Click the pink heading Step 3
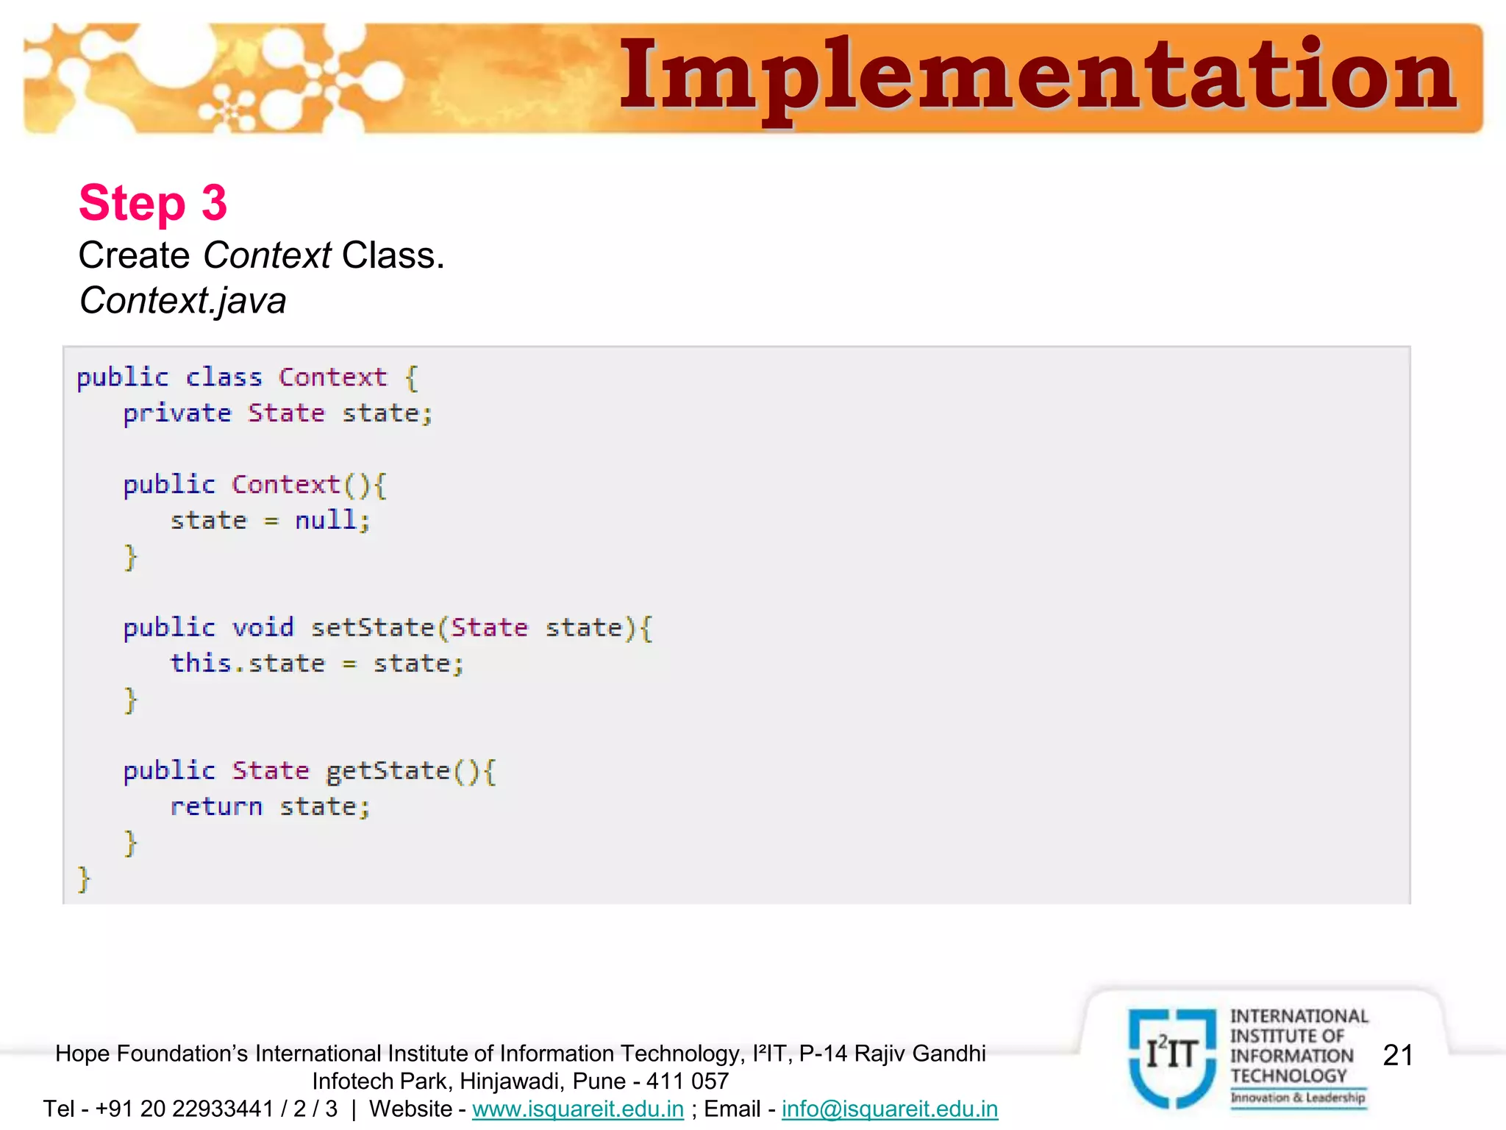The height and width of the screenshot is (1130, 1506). [153, 202]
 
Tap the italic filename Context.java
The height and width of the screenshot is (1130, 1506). [182, 301]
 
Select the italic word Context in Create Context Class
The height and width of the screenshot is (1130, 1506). [267, 256]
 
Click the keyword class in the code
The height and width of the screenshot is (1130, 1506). [224, 377]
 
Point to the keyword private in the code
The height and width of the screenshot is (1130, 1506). [177, 413]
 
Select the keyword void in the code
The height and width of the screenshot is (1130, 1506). [263, 628]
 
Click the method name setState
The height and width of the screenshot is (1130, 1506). [373, 628]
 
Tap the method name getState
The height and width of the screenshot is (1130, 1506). [388, 771]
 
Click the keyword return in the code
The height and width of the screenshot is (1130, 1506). [216, 807]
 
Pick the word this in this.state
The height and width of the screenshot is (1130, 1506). [201, 663]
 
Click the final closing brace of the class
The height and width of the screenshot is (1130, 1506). [84, 878]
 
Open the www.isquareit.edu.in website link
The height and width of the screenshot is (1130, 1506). [578, 1109]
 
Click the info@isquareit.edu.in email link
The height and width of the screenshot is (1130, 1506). [890, 1109]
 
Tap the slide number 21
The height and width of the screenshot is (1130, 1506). [1398, 1055]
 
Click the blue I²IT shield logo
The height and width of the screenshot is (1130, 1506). [1172, 1056]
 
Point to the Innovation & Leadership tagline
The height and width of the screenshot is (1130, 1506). [1298, 1098]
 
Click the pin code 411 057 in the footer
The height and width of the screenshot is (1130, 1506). [688, 1081]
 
